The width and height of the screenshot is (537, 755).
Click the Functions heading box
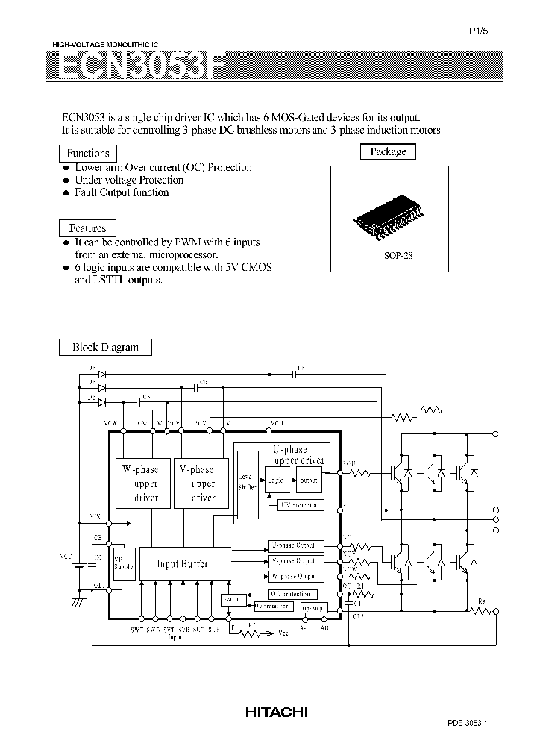pyautogui.click(x=88, y=153)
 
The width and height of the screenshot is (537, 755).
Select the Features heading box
pyautogui.click(x=87, y=228)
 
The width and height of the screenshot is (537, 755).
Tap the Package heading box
pyautogui.click(x=388, y=151)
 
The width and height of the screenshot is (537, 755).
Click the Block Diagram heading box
pyautogui.click(x=105, y=347)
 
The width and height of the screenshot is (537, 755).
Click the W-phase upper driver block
pyautogui.click(x=141, y=483)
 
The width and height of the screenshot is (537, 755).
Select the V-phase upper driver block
pyautogui.click(x=197, y=483)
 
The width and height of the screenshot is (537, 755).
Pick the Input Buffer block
pyautogui.click(x=182, y=564)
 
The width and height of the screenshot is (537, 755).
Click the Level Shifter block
pyautogui.click(x=245, y=483)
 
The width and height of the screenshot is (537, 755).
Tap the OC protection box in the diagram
pyautogui.click(x=284, y=595)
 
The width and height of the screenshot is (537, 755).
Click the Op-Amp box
pyautogui.click(x=314, y=608)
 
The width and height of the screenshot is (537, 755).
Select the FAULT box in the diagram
pyautogui.click(x=231, y=599)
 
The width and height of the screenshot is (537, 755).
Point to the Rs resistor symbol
pyautogui.click(x=482, y=611)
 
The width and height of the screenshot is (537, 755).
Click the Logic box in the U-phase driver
pyautogui.click(x=275, y=480)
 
